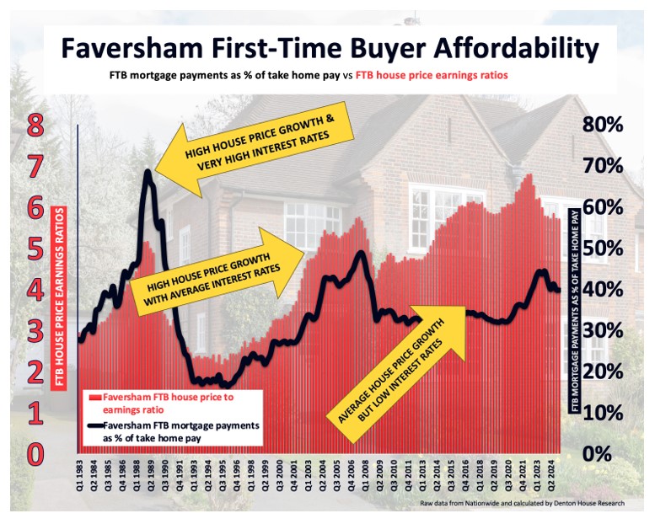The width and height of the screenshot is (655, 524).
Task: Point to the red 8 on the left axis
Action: point(34,126)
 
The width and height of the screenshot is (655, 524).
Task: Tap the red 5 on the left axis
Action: point(35,249)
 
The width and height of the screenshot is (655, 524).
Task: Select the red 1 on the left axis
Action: point(35,414)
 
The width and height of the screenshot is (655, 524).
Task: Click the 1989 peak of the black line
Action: point(148,173)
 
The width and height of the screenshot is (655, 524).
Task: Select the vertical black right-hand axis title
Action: point(577,312)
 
